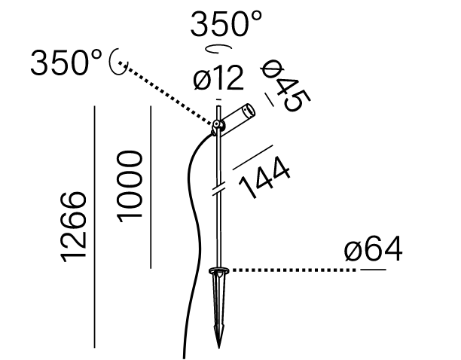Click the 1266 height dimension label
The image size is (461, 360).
point(74,227)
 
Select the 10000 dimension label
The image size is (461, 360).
point(130,186)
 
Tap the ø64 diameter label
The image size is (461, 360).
point(374,249)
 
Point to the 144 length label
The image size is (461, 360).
point(264,177)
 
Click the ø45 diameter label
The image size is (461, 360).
point(285,86)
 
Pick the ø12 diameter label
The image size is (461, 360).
point(218,78)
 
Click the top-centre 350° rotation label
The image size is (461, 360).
point(226,23)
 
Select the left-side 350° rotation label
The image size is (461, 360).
point(66,63)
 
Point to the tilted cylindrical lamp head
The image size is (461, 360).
point(237,118)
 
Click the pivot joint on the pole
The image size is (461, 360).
point(216,125)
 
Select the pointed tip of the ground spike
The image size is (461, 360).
point(218,348)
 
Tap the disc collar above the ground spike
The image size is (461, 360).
point(219,270)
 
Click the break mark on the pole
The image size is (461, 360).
point(219,189)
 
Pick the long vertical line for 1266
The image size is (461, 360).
point(94,227)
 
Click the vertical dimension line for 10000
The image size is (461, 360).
point(151,188)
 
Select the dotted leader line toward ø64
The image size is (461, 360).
point(294,270)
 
